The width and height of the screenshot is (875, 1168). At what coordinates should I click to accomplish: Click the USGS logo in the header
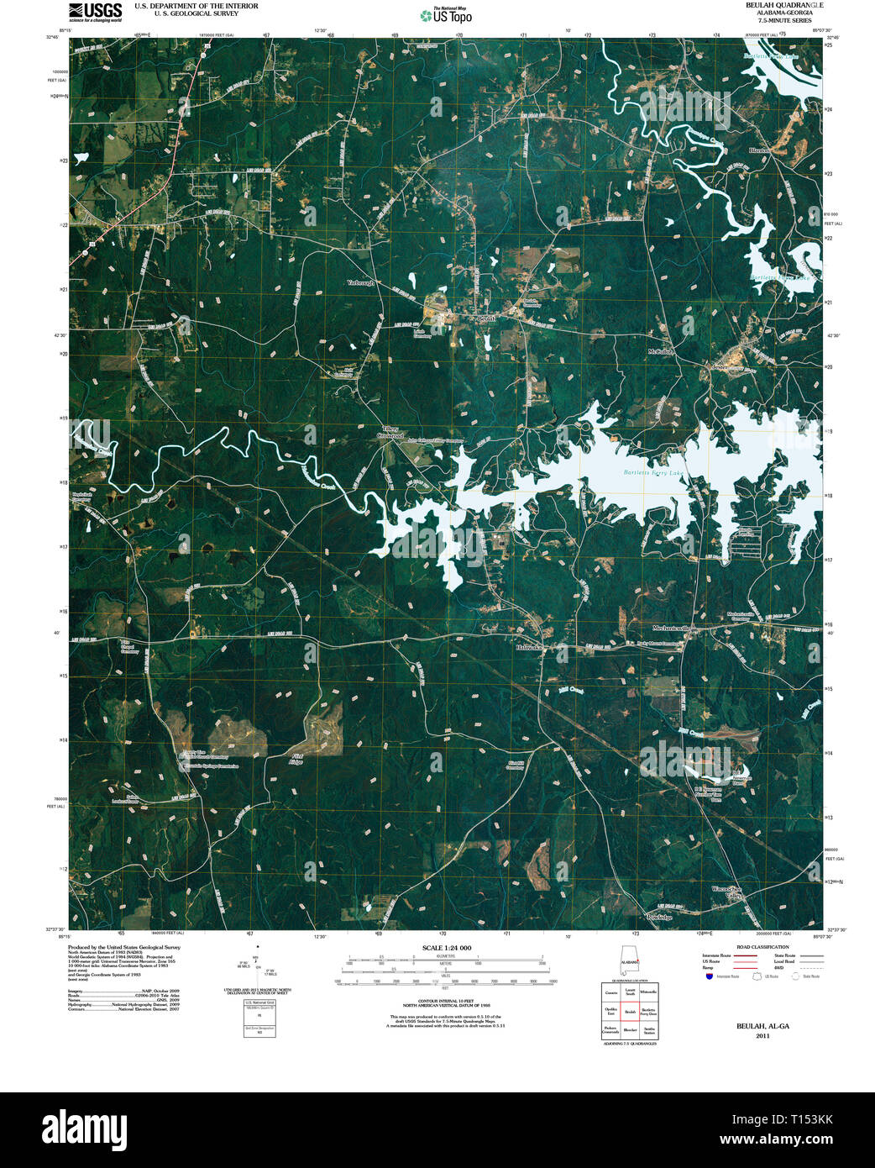[95, 11]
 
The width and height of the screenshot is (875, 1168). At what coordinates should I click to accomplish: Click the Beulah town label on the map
[487, 319]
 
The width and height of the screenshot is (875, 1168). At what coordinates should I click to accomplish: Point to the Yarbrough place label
[361, 283]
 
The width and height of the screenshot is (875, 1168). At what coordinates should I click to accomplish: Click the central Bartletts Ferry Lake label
[655, 473]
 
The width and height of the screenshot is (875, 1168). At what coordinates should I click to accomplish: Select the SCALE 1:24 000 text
[447, 948]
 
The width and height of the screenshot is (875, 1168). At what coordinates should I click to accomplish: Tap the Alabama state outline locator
[628, 959]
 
